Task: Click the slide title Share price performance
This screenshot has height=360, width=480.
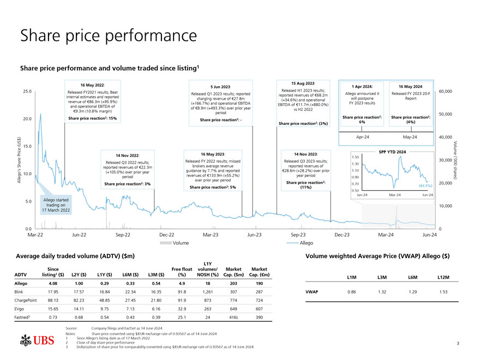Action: (x=108, y=36)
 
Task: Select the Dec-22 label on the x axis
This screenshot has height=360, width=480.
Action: (x=166, y=235)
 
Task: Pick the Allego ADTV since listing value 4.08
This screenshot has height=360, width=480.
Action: (x=53, y=284)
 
